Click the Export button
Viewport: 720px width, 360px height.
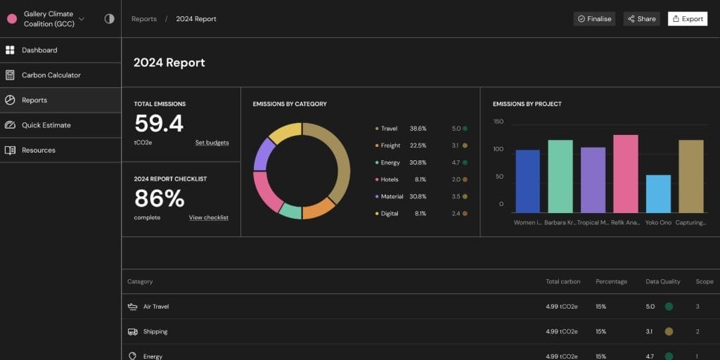coord(688,19)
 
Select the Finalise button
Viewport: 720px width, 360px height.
coord(594,19)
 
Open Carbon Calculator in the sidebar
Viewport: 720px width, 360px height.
coord(51,75)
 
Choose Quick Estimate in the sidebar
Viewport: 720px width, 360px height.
coord(46,125)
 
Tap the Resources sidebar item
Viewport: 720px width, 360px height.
coord(38,150)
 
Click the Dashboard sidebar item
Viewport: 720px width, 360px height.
coord(39,51)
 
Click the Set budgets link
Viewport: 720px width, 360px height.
coord(212,143)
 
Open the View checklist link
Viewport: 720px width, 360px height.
coord(208,218)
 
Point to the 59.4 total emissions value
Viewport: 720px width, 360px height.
coord(159,124)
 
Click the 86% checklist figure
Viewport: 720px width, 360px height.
coord(159,199)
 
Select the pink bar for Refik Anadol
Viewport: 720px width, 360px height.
coord(625,174)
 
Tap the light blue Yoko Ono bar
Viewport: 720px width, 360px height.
coord(658,194)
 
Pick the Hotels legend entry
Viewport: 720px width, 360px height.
coord(390,180)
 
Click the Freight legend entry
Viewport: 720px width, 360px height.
coord(390,146)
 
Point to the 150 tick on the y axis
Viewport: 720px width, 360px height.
coord(499,122)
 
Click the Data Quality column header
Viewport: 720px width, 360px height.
coord(662,282)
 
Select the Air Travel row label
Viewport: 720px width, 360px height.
coord(156,307)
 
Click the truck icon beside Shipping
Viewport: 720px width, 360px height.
coord(133,332)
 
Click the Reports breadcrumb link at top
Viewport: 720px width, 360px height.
coord(144,19)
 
